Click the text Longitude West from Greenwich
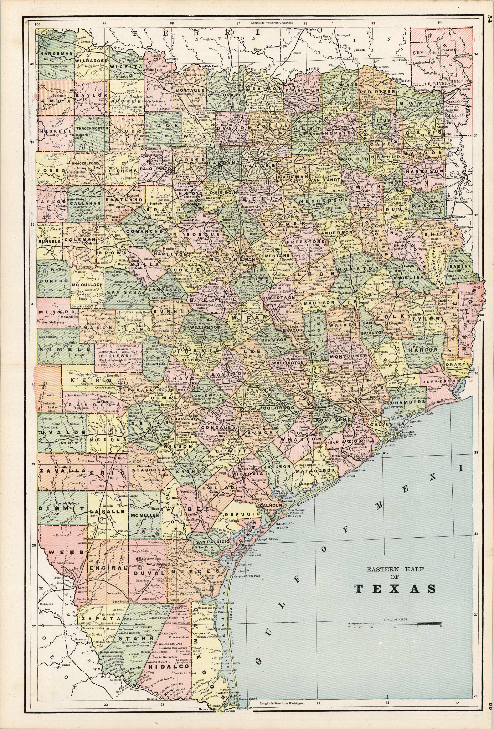(269, 23)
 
